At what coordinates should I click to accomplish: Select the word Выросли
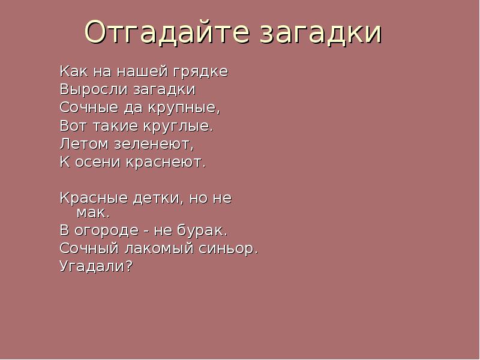[88, 91]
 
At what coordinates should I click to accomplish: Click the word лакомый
[158, 248]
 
